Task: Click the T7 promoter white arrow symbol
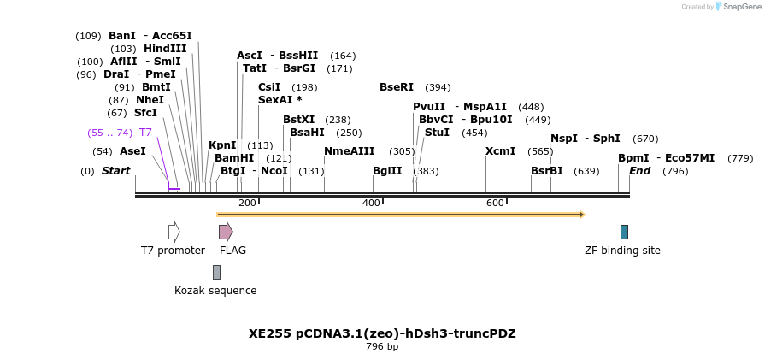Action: (x=174, y=232)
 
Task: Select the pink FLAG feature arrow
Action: (x=226, y=232)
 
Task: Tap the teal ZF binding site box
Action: (x=624, y=232)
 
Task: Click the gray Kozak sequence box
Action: (x=216, y=272)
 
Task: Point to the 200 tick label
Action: (x=247, y=203)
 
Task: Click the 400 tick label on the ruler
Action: (x=371, y=203)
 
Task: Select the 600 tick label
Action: (x=495, y=203)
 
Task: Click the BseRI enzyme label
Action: (x=397, y=87)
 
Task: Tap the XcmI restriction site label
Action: (x=500, y=151)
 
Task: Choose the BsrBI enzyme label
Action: (x=547, y=171)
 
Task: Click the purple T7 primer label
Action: (x=145, y=133)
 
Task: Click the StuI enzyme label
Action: (x=437, y=133)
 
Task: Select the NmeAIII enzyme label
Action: (x=349, y=151)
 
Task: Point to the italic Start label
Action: (x=115, y=171)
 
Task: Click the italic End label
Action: (x=639, y=171)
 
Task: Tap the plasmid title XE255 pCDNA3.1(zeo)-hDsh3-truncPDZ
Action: (x=382, y=333)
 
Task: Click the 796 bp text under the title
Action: (x=382, y=347)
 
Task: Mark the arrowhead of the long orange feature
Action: (x=582, y=215)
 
